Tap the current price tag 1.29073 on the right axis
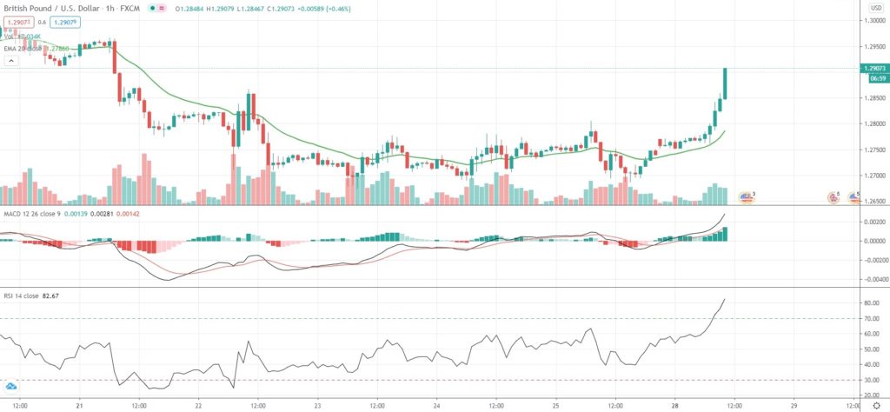[873, 67]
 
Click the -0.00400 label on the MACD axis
[871, 279]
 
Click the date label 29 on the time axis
[794, 405]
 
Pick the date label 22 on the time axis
[199, 405]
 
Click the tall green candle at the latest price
[725, 83]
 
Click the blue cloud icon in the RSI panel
[11, 385]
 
